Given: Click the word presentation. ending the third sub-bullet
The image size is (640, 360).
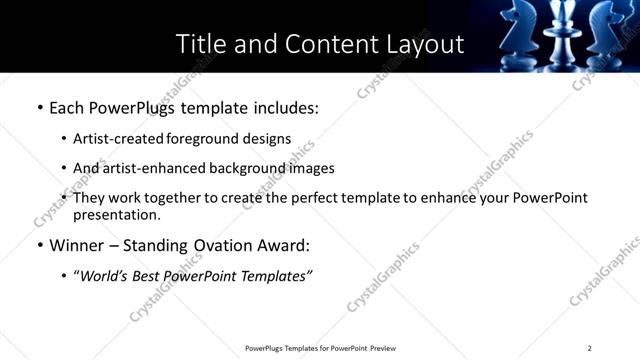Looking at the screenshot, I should pyautogui.click(x=116, y=215).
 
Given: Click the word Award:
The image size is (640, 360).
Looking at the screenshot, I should pyautogui.click(x=290, y=245).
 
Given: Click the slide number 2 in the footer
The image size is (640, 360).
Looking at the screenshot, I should pyautogui.click(x=589, y=348).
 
